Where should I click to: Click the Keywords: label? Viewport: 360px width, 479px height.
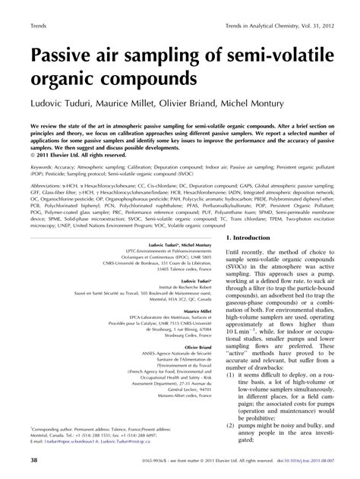(x=43, y=162)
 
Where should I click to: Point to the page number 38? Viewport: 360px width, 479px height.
(x=35, y=460)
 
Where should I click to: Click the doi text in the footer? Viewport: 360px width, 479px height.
(x=296, y=460)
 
